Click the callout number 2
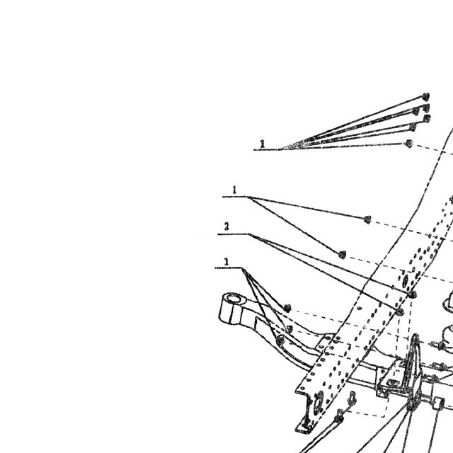[226, 226]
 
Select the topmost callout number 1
[263, 144]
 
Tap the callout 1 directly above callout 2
[234, 190]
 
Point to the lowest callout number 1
[226, 262]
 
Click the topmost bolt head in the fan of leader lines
[425, 96]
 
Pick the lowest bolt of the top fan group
[409, 143]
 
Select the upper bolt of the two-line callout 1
[367, 219]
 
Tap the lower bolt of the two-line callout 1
[342, 255]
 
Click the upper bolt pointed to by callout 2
[412, 294]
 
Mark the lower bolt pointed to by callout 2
[399, 311]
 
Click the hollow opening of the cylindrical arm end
[234, 299]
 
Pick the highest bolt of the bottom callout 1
[287, 309]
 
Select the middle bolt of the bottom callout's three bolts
[289, 328]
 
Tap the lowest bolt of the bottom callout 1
[280, 340]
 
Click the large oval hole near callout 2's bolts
[405, 280]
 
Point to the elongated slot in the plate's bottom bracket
[319, 402]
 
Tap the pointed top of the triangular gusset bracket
[415, 336]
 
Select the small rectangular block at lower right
[439, 403]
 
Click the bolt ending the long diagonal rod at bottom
[338, 418]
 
